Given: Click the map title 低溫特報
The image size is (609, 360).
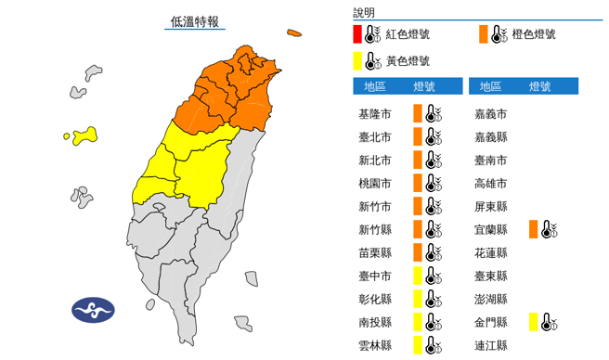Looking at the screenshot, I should tap(195, 21).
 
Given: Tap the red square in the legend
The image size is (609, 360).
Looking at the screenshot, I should tap(357, 34).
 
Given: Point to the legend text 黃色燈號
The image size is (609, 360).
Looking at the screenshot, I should tap(408, 60).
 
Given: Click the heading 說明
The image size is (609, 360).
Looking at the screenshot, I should tap(364, 13).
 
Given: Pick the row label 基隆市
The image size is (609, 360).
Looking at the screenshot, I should tap(374, 114).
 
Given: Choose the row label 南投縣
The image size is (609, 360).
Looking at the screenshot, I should tap(374, 322).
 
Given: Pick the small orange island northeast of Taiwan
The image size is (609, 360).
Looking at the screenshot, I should tap(294, 33).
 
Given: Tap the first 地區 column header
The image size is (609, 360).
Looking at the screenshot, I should tap(375, 86).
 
